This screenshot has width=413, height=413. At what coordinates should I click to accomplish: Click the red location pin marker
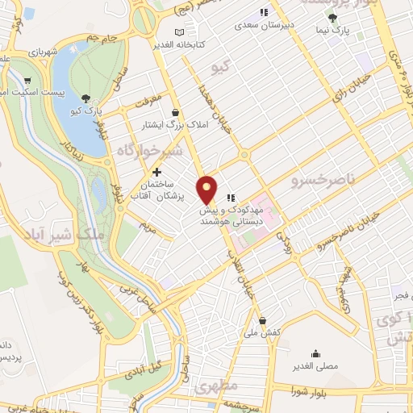208,189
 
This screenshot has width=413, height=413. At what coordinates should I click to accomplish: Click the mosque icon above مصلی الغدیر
315,353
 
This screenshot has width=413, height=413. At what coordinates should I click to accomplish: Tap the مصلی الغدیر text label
315,367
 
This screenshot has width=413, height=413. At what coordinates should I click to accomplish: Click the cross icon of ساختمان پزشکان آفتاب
156,172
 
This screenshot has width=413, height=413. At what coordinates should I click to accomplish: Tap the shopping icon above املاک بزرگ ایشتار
176,112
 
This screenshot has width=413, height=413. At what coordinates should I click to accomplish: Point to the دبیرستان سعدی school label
284,25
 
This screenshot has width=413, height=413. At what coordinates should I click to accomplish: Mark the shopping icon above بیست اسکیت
28,80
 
